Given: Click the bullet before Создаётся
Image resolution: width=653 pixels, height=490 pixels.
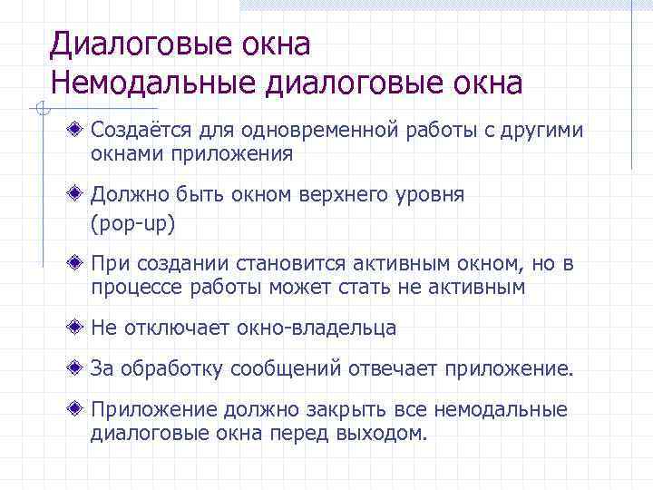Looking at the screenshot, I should click(x=81, y=130).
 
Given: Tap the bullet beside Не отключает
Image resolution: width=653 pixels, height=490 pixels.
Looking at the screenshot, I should click(x=81, y=327).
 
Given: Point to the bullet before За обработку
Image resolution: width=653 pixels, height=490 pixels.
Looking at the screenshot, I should click(x=81, y=367).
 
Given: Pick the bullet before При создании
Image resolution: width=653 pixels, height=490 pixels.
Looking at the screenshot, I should click(x=81, y=262).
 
